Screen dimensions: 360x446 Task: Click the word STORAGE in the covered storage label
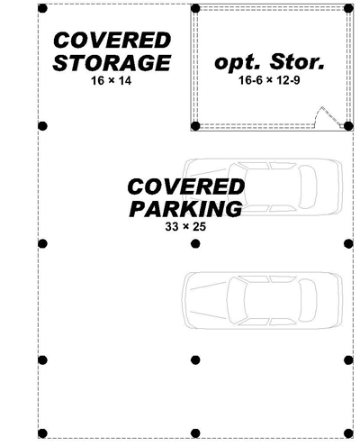click(112, 63)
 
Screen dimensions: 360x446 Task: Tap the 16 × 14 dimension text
click(112, 81)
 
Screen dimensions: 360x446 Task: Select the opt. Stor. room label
click(269, 62)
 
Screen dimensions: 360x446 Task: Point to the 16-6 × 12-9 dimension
click(269, 80)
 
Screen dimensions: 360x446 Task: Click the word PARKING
click(185, 209)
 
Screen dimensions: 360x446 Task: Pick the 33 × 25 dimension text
click(185, 226)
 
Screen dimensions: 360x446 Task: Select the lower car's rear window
click(308, 300)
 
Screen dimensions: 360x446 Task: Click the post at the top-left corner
click(42, 8)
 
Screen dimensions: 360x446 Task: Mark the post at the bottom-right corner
click(348, 433)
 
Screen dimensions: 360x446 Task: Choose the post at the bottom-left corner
click(42, 433)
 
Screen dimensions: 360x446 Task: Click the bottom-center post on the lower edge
click(195, 433)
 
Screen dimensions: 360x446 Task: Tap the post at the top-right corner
click(348, 8)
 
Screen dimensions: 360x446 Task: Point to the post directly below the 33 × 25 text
click(195, 244)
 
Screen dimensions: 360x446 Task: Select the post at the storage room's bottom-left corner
click(195, 126)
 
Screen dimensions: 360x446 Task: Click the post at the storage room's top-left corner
click(195, 8)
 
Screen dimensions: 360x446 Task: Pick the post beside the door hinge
click(348, 126)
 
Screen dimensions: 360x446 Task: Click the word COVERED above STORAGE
click(112, 41)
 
